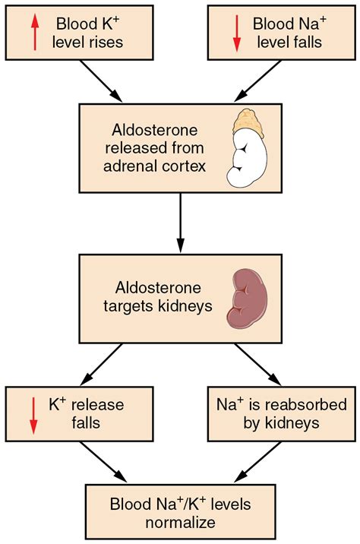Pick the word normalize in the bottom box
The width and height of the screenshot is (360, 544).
[180, 522]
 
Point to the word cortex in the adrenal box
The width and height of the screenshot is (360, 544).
[183, 165]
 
